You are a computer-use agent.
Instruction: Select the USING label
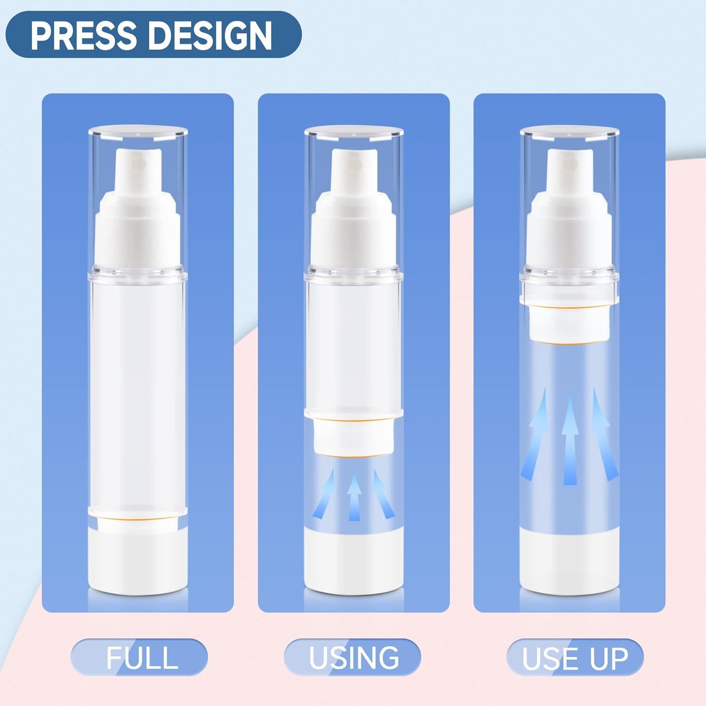353,657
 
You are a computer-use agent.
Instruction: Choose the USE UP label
575,657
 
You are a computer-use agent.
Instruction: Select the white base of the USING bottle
353,560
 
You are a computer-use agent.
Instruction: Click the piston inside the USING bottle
353,436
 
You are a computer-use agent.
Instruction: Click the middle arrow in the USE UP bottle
570,438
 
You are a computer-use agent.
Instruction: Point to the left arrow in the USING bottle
329,494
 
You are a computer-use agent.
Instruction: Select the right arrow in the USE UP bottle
602,433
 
